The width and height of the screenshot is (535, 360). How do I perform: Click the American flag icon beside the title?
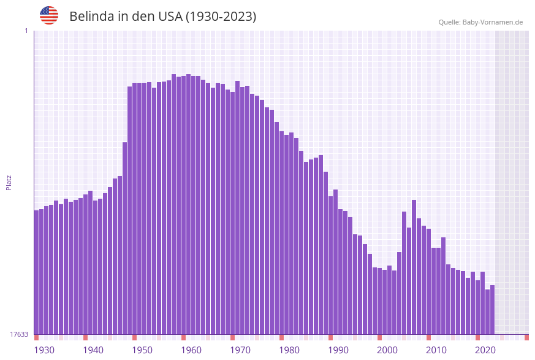[x=49, y=15]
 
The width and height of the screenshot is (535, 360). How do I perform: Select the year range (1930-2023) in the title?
[x=221, y=17]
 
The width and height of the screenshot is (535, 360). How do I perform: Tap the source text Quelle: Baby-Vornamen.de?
[x=480, y=22]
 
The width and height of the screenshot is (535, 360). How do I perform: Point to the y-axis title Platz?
[x=9, y=182]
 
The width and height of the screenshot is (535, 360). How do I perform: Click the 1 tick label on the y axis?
[x=26, y=31]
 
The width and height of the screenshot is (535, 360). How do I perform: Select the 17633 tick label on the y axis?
[x=19, y=334]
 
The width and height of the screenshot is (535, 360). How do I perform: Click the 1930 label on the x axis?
[x=44, y=350]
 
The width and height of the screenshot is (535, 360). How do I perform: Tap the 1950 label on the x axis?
[x=142, y=350]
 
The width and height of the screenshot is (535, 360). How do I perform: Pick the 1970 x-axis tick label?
[x=240, y=350]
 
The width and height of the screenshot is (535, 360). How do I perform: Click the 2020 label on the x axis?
[x=485, y=350]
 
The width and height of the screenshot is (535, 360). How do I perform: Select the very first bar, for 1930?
[x=36, y=272]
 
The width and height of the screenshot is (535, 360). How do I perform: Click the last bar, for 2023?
[x=492, y=310]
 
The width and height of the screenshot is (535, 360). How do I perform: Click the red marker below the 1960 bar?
[x=183, y=337]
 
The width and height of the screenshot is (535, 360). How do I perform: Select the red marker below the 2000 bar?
[x=379, y=337]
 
